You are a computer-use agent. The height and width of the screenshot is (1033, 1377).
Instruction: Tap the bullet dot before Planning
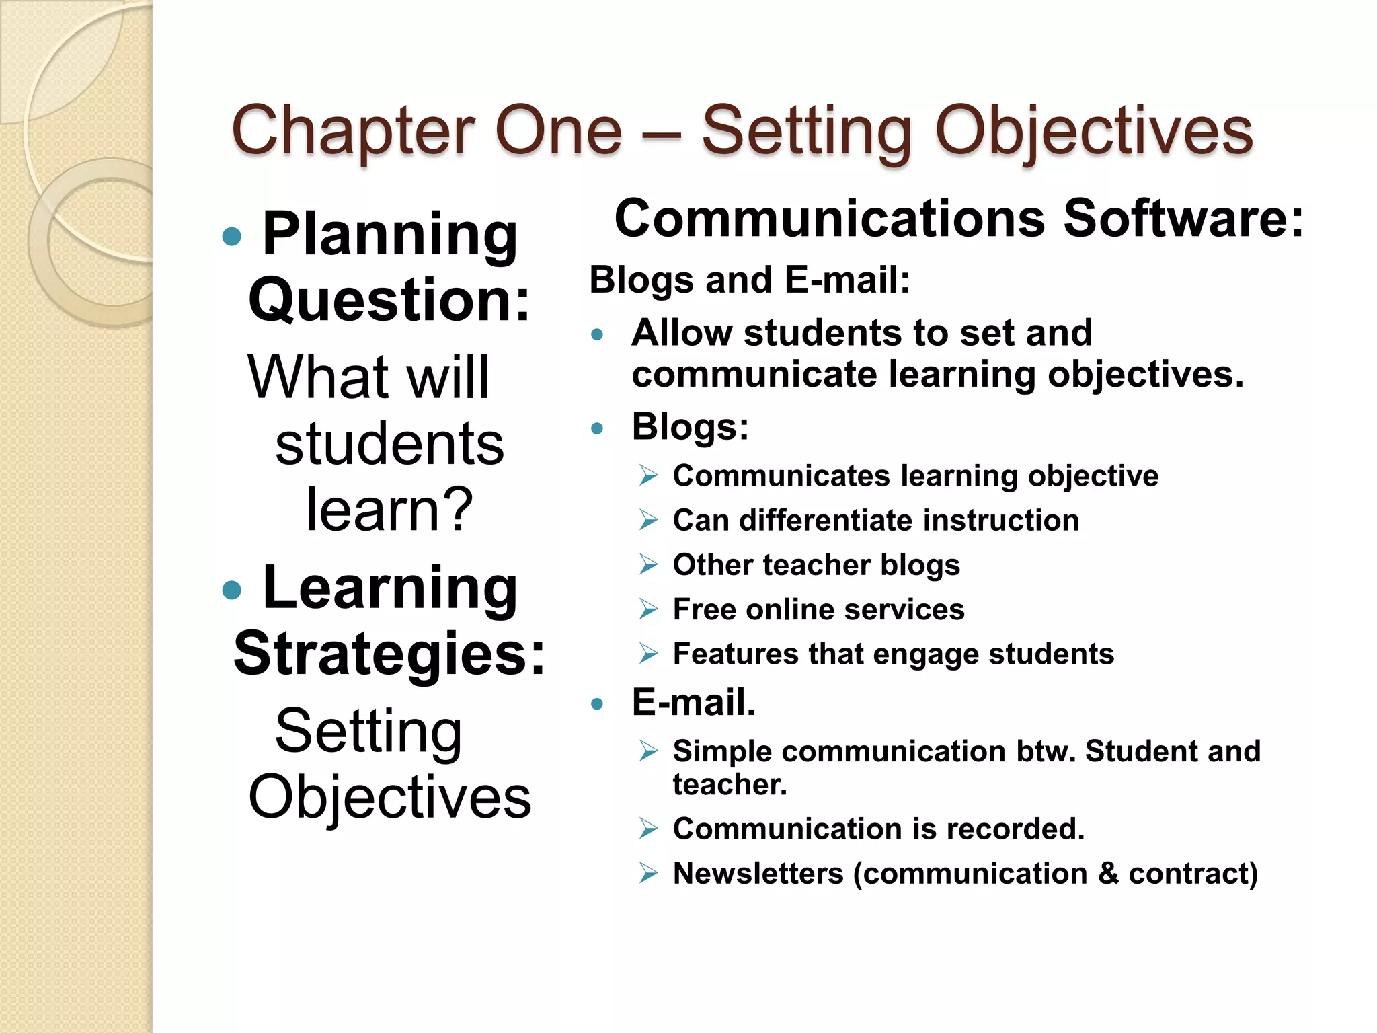pyautogui.click(x=231, y=236)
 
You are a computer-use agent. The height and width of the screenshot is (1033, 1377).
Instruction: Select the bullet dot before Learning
pyautogui.click(x=231, y=590)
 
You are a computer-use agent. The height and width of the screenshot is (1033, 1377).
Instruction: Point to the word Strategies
pyautogui.click(x=389, y=653)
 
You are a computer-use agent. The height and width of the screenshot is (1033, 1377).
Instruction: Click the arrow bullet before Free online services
pyautogui.click(x=648, y=609)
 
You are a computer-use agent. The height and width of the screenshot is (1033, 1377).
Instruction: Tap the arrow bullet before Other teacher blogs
pyautogui.click(x=648, y=564)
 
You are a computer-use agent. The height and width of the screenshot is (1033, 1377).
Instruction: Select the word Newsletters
pyautogui.click(x=758, y=874)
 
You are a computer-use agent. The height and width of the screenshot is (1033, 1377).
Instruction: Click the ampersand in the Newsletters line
pyautogui.click(x=1107, y=874)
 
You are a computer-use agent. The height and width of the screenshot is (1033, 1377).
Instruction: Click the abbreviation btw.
pyautogui.click(x=1046, y=751)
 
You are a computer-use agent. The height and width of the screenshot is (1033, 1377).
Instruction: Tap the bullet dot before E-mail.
pyautogui.click(x=596, y=704)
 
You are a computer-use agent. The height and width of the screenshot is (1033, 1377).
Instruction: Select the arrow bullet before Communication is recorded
pyautogui.click(x=648, y=829)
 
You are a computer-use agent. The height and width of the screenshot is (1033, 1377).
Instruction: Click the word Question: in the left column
pyautogui.click(x=389, y=300)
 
